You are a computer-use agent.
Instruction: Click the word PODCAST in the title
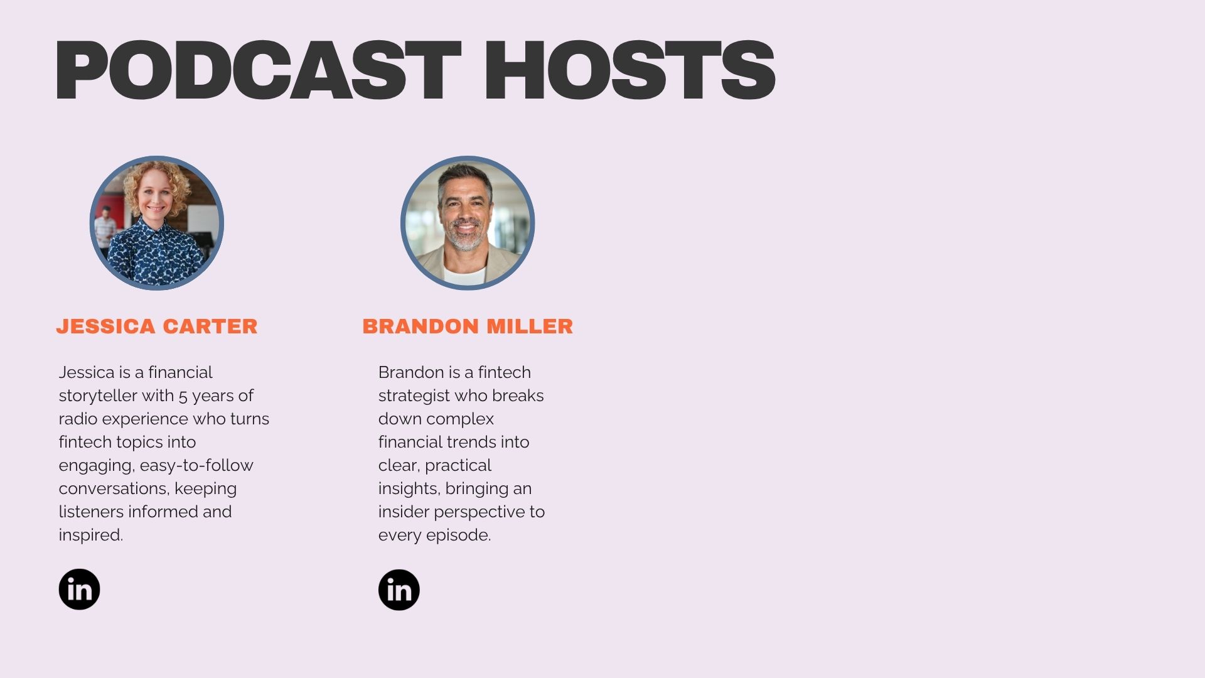[257, 70]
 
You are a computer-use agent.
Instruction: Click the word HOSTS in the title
[629, 70]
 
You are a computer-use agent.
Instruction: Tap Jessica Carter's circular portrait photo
[157, 223]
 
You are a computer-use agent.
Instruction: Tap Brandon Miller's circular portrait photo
[468, 223]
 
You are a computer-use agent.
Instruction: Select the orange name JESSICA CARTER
[157, 326]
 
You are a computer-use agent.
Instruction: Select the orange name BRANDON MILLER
[468, 326]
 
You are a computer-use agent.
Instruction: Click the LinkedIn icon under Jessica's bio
[79, 589]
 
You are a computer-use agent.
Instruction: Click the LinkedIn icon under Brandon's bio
[399, 590]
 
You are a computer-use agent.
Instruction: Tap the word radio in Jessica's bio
[78, 419]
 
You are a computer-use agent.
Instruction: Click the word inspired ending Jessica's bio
[90, 535]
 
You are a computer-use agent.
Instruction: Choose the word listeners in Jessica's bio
[91, 512]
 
